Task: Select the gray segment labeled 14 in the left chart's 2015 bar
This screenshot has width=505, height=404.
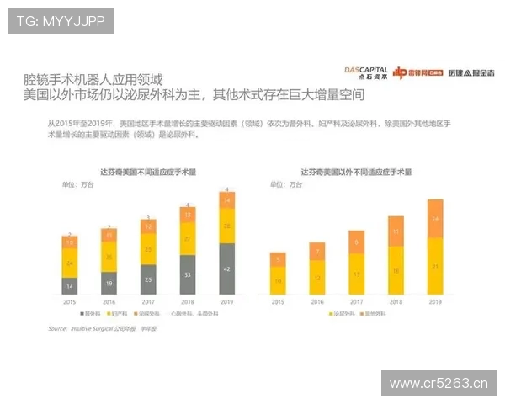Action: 69,286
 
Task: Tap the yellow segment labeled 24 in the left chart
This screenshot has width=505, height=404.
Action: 69,263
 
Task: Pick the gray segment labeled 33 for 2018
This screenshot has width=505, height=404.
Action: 187,275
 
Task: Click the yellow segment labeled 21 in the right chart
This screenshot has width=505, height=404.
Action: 434,266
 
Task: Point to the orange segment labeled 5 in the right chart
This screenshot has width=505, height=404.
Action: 279,259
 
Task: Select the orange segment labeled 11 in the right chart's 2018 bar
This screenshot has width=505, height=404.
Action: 396,230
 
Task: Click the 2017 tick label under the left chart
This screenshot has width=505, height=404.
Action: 148,300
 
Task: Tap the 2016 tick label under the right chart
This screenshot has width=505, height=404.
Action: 317,300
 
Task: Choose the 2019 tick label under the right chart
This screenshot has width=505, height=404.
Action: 434,300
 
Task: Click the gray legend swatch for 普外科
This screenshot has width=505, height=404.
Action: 101,313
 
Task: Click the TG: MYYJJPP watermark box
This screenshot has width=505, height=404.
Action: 60,20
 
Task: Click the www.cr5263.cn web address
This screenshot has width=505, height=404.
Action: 439,384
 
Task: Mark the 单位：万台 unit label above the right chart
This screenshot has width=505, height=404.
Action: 285,183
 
